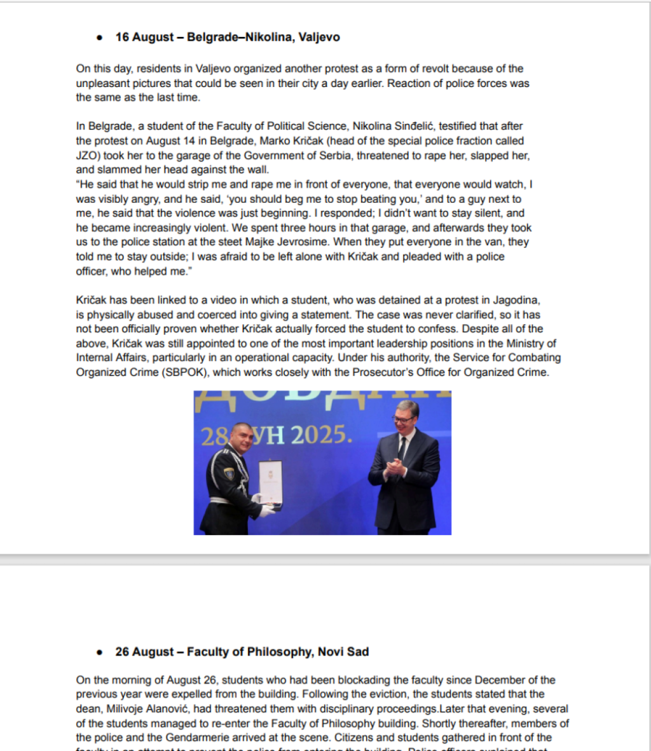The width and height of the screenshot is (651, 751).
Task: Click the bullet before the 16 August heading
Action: coord(99,37)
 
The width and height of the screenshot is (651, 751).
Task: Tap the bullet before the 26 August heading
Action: coord(99,653)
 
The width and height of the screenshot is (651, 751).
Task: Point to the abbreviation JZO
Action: coord(89,155)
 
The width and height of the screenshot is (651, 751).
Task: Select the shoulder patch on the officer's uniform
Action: coord(229,474)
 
